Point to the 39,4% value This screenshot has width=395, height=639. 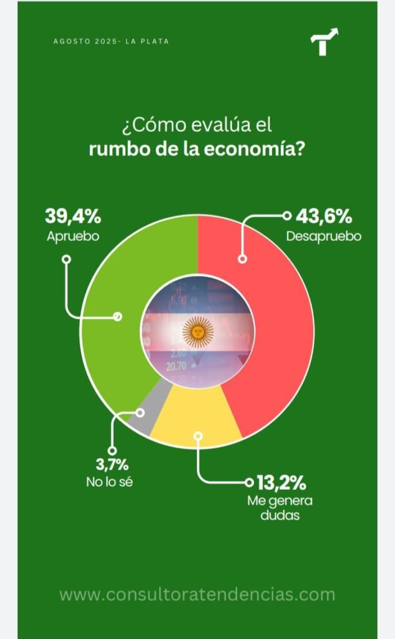(x=72, y=217)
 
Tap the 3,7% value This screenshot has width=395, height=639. (x=113, y=465)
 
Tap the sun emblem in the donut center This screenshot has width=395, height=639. (x=198, y=331)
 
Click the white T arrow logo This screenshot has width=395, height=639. (x=324, y=42)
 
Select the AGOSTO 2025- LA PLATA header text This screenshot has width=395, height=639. (x=111, y=41)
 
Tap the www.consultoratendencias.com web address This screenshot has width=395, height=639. (x=197, y=594)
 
